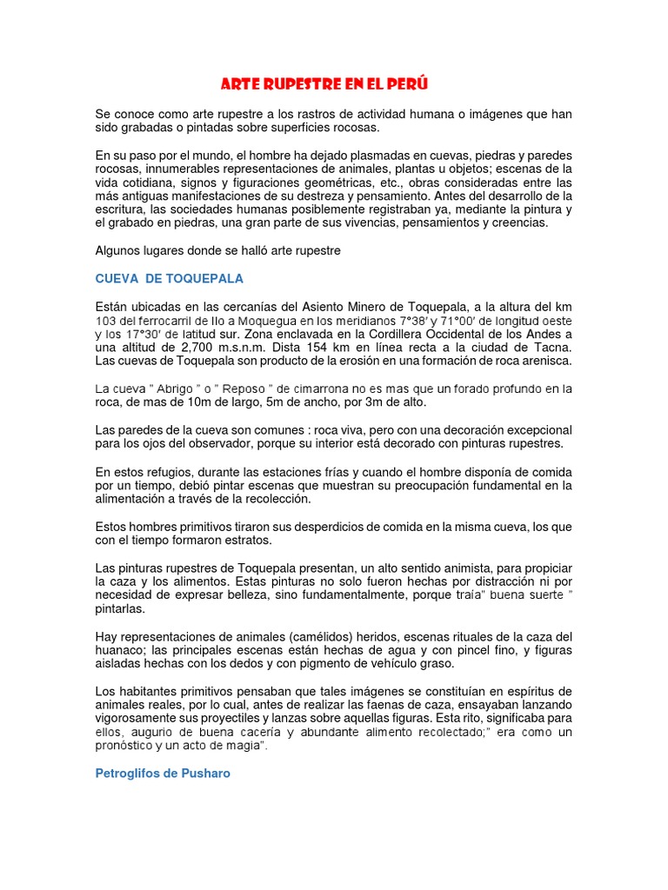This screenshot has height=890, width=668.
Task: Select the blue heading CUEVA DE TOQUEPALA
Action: click(170, 279)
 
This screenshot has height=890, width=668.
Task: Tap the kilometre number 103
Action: click(107, 321)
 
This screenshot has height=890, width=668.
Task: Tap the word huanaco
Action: click(119, 650)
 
